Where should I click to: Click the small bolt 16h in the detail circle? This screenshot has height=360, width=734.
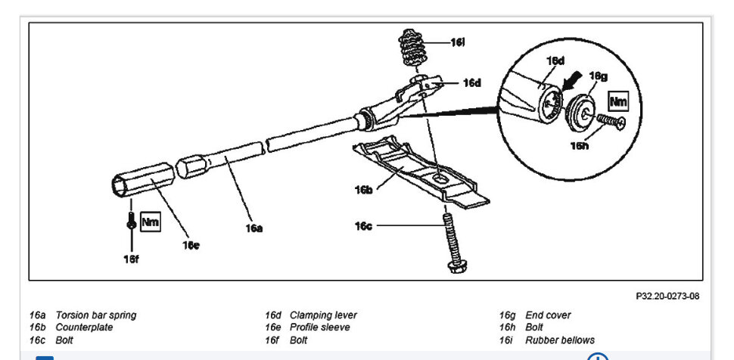point(610,121)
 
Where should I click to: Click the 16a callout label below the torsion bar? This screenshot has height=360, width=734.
point(253,226)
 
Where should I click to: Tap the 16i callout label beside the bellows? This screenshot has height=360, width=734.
point(457,43)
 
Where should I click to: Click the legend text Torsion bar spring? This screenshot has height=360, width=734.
point(96,315)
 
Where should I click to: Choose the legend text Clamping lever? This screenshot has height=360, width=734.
point(323,315)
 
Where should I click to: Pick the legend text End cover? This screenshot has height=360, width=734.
point(548,315)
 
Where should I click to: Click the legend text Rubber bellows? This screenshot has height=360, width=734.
point(560,340)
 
